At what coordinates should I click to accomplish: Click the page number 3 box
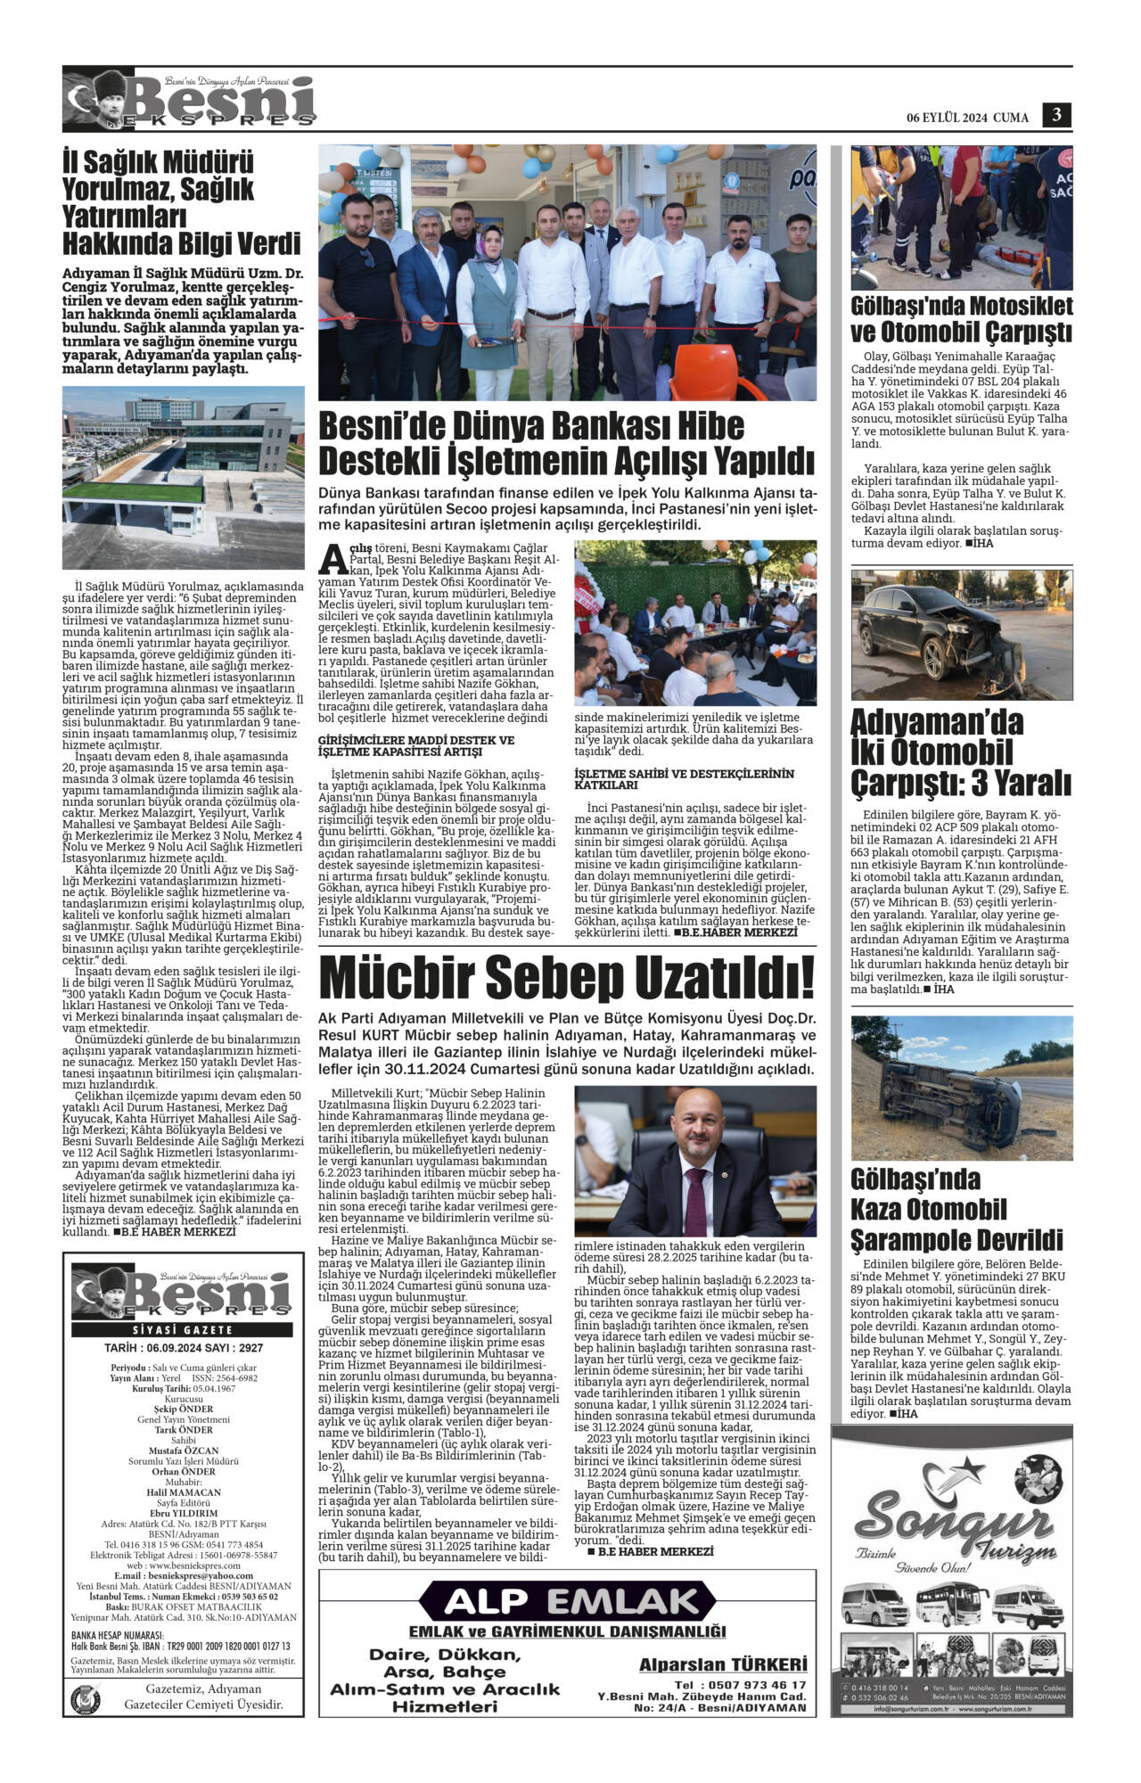tap(1056, 116)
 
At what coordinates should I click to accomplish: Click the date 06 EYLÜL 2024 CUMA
tap(967, 118)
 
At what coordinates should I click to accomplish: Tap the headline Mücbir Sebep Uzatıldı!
tap(567, 976)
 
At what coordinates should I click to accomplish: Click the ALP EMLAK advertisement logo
tap(567, 1601)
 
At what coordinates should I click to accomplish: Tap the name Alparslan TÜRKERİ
tap(723, 1664)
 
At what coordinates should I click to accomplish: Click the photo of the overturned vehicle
tap(962, 1088)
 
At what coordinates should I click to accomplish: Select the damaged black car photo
tap(962, 635)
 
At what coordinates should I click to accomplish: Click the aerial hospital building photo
tap(184, 477)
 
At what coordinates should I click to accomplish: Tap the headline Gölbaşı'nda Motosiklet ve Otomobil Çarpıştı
tap(962, 319)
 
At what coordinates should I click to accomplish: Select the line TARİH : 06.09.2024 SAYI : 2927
tap(184, 1348)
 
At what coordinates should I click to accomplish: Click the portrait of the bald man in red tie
tap(695, 1161)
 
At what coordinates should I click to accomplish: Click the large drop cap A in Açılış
tap(332, 557)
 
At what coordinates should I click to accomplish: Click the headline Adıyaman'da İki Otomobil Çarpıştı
tap(962, 752)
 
